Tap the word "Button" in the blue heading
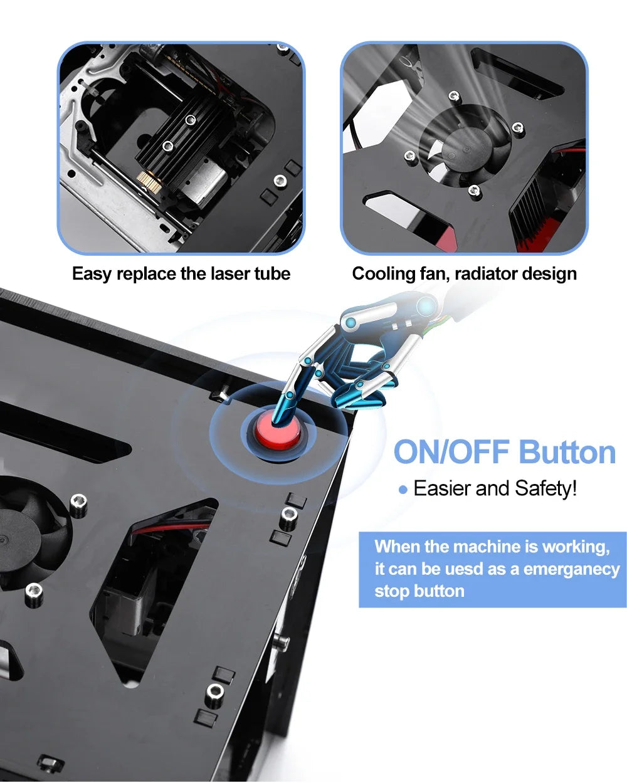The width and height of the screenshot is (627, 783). point(567,453)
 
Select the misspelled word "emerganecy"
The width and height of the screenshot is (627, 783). point(571,569)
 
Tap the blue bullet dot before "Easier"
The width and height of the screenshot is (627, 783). point(403,490)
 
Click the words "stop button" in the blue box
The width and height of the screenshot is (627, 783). point(419,591)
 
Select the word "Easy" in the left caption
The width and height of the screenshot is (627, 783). point(92,274)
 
